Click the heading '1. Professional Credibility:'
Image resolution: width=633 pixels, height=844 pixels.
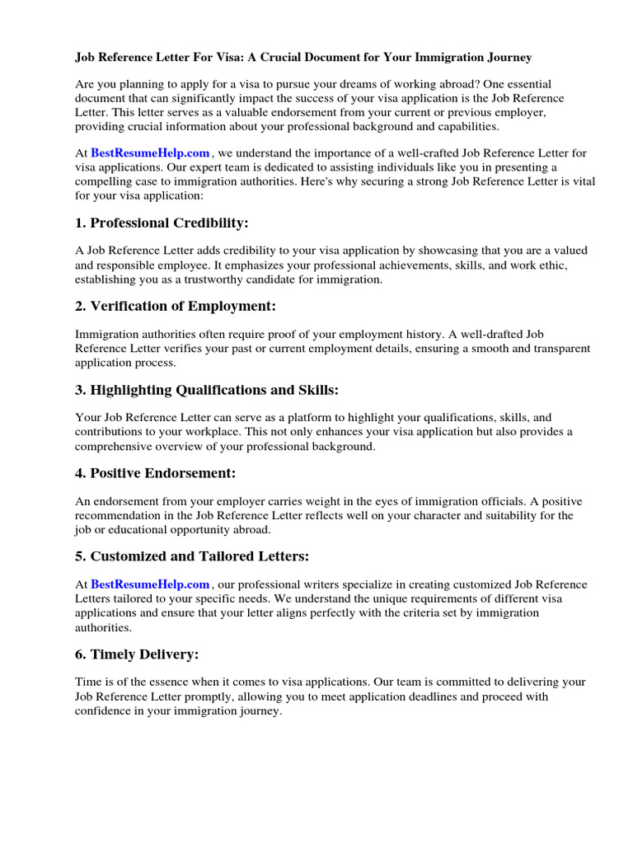(162, 223)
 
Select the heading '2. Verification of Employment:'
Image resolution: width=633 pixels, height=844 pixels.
(176, 307)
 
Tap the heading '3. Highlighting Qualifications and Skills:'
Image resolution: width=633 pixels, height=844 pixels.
(207, 390)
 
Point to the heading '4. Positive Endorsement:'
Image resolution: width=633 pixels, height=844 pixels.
(155, 473)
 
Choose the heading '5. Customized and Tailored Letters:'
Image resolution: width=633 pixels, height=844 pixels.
(192, 556)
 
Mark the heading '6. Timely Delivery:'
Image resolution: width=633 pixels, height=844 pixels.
(137, 654)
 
